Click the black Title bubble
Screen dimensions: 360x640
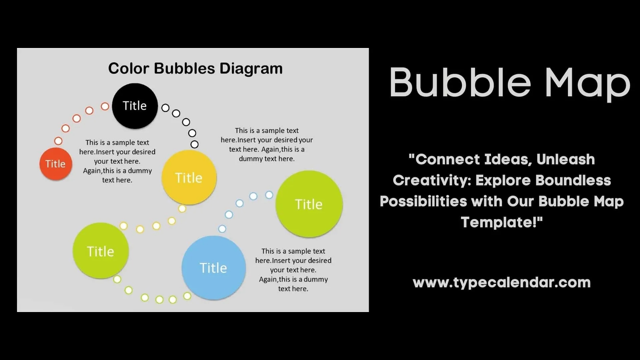coord(135,106)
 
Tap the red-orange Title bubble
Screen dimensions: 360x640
coord(56,164)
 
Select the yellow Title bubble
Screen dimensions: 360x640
coord(189,177)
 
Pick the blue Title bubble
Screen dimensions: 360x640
coord(213,268)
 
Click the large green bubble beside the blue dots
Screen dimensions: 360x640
coord(309,204)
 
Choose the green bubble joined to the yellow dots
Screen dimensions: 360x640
coord(100,251)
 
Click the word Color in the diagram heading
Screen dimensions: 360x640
coord(128,69)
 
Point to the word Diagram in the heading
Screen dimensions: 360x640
coord(251,69)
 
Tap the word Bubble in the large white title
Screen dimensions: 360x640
coord(460,83)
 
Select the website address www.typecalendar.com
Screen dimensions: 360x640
coord(502,283)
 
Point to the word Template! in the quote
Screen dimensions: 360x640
coord(502,222)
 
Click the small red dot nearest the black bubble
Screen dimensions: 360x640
coord(105,106)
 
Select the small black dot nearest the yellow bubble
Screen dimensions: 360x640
coord(194,144)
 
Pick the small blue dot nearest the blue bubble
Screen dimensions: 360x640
coord(222,229)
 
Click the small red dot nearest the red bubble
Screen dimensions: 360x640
coord(58,141)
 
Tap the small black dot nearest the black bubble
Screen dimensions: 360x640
coord(165,108)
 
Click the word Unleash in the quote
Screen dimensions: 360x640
coord(566,159)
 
